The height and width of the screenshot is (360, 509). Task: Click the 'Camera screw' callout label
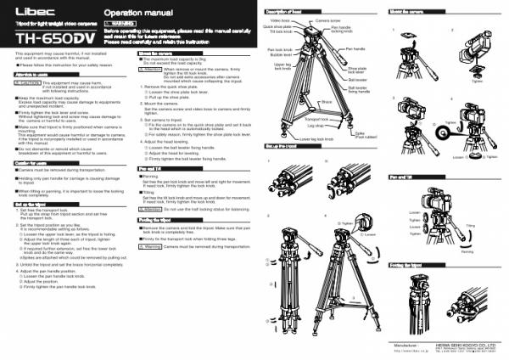[329, 18]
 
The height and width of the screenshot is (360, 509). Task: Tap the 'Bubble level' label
[279, 55]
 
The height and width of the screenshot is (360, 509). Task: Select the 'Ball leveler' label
[357, 79]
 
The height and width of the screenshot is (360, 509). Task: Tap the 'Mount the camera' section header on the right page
[406, 7]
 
